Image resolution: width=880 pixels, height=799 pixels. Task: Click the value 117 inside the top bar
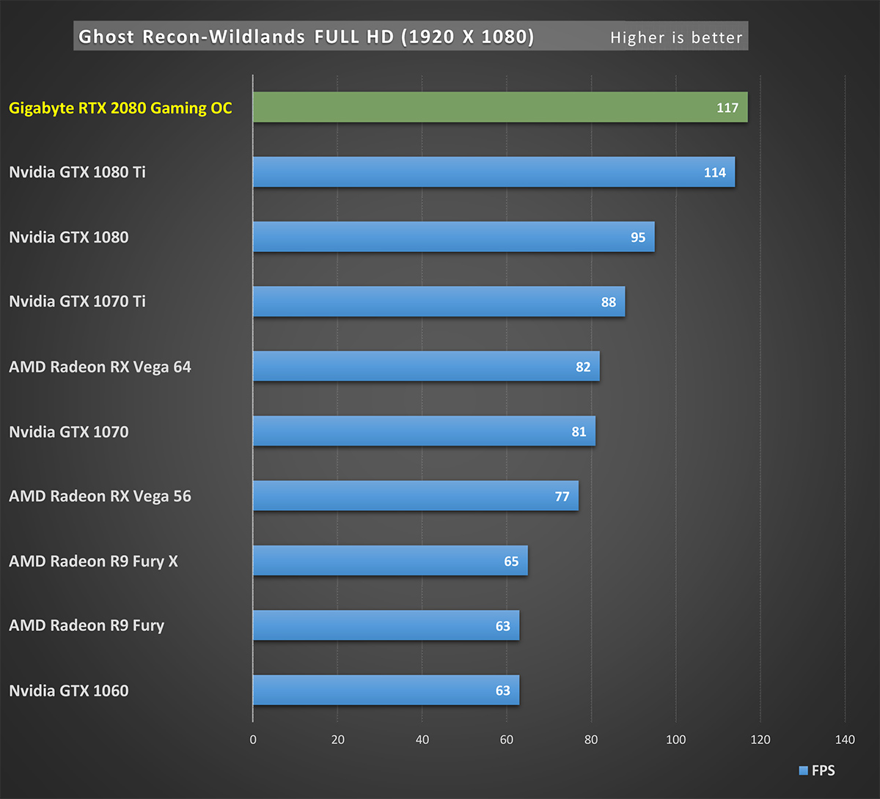pyautogui.click(x=727, y=108)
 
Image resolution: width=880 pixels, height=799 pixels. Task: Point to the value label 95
pyautogui.click(x=638, y=238)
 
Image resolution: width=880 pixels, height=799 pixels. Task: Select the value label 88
pyautogui.click(x=609, y=302)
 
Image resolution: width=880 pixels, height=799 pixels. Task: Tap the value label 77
pyautogui.click(x=562, y=496)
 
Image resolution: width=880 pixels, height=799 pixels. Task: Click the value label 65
pyautogui.click(x=511, y=561)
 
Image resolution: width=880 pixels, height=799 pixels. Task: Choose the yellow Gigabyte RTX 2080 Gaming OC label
pyautogui.click(x=120, y=108)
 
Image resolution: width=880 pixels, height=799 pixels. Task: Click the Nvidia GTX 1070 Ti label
pyautogui.click(x=77, y=301)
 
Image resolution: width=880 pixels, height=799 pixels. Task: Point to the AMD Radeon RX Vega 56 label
pyautogui.click(x=100, y=496)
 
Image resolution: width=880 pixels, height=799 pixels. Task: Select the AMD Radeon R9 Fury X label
pyautogui.click(x=93, y=561)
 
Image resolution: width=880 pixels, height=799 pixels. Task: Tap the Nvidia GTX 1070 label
pyautogui.click(x=68, y=432)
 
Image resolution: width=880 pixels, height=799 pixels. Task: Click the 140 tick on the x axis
pyautogui.click(x=845, y=740)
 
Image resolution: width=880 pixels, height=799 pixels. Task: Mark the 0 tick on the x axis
pyautogui.click(x=253, y=740)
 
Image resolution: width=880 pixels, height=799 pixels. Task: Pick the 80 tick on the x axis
pyautogui.click(x=591, y=740)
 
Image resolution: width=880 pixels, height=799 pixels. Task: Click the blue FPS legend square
pyautogui.click(x=804, y=770)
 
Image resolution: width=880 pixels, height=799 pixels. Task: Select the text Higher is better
pyautogui.click(x=676, y=37)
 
